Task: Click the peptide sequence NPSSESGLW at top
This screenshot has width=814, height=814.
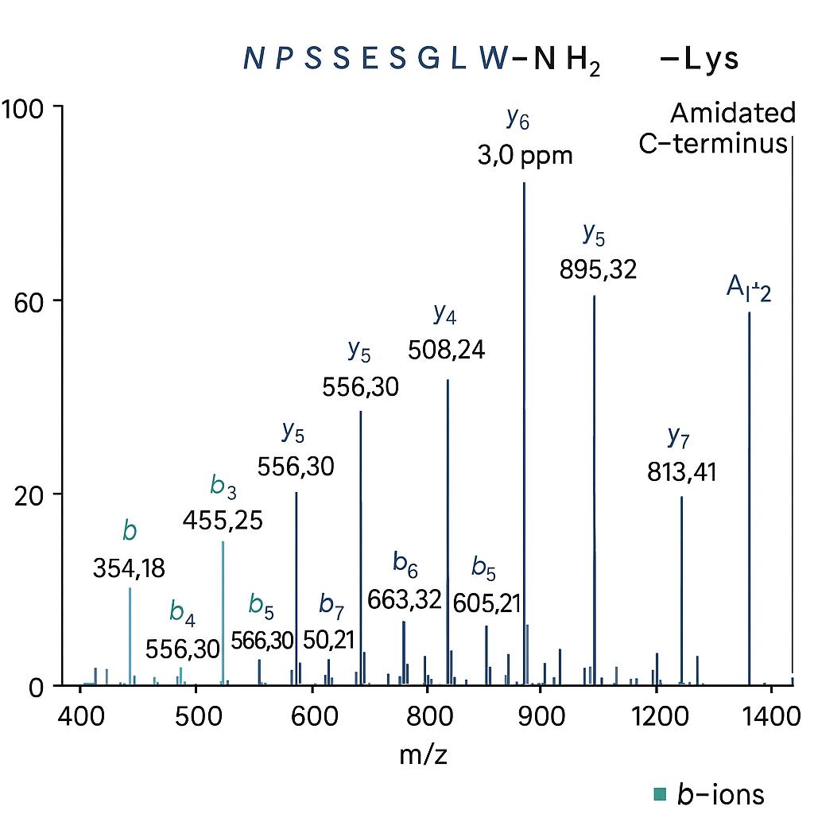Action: pos(374,59)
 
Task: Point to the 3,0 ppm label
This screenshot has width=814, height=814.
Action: pos(525,155)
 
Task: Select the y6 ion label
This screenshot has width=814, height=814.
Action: pos(517,119)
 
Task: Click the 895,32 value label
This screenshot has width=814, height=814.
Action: pos(598,270)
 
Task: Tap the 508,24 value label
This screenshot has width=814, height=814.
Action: pos(446,349)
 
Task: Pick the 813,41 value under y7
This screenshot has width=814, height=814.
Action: pos(680,473)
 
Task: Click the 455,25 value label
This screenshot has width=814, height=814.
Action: pos(223,521)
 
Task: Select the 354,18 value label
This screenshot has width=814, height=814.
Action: pos(129,568)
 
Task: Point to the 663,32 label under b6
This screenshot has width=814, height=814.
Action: pos(404,600)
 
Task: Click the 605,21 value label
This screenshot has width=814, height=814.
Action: pos(486,603)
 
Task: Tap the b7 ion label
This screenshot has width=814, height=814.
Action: pos(331,604)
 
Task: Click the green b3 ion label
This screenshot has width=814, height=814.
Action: pos(223,486)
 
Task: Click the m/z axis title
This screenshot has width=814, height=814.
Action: pos(423,754)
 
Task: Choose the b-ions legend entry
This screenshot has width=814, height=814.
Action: pos(710,793)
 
